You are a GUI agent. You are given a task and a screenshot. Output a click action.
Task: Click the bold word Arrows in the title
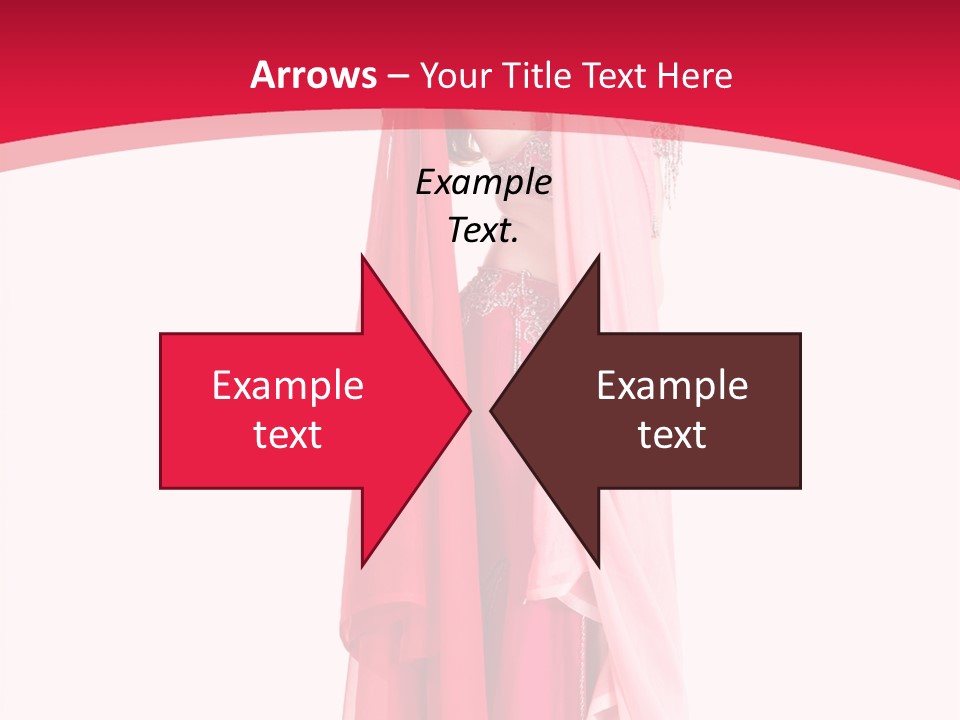pos(314,75)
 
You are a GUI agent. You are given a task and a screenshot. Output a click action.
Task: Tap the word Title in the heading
pos(537,75)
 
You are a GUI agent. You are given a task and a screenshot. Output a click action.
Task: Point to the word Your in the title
pos(454,75)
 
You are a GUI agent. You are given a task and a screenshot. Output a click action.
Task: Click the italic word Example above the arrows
pos(484,183)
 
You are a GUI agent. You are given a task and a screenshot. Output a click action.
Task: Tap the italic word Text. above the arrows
pos(484,231)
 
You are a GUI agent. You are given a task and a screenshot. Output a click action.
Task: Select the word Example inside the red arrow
pos(288,386)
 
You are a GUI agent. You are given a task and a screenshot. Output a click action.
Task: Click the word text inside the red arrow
pos(288,435)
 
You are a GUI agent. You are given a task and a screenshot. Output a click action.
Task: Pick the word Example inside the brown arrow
pos(672,386)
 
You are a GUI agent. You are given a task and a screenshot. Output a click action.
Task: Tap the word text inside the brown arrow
pos(672,435)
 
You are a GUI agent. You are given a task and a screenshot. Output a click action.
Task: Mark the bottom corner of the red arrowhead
pos(362,564)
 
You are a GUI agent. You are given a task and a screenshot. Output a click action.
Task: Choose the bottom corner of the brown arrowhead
pos(598,564)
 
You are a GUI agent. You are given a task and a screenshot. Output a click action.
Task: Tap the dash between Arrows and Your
pos(397,76)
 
